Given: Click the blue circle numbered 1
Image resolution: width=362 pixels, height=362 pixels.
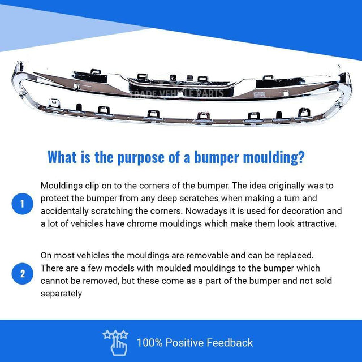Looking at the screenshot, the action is tap(23, 204).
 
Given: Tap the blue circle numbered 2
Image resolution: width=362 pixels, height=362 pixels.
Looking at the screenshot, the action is tap(23, 274).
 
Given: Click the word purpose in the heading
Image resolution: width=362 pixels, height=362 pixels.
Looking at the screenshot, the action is tap(141, 158).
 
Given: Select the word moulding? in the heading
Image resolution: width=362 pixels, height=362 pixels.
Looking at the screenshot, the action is tap(274, 158).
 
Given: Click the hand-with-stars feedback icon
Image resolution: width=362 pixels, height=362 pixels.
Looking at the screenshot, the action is tap(115, 342).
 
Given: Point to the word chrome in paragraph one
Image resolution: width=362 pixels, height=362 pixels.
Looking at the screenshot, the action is tap(142, 224).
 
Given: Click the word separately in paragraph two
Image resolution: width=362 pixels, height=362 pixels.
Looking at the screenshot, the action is tap(61, 294).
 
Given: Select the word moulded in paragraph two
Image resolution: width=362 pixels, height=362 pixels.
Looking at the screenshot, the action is tap(174, 268).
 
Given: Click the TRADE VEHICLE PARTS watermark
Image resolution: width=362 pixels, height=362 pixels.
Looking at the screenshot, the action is tap(176, 93).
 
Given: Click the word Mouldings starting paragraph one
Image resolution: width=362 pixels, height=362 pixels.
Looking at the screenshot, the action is tap(62, 186).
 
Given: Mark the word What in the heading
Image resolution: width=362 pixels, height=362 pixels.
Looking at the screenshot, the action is tap(62, 158).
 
